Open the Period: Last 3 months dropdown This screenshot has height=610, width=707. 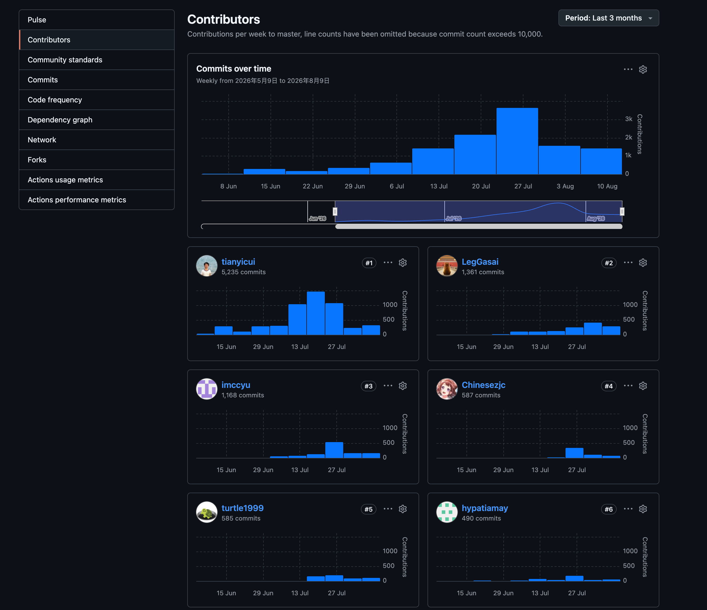(608, 18)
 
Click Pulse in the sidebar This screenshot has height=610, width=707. (37, 20)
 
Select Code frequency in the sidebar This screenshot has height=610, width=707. (55, 100)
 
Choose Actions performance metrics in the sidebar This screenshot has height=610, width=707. (77, 200)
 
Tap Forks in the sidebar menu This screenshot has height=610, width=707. (37, 160)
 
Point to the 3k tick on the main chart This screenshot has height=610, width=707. (629, 119)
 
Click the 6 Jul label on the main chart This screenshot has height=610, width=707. (397, 186)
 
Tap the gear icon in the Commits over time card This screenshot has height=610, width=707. (643, 69)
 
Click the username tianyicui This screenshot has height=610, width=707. (238, 262)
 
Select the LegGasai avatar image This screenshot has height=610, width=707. (447, 266)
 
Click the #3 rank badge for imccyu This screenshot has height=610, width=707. (369, 386)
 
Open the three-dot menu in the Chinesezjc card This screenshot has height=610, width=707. (628, 386)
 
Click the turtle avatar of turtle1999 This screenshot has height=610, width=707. (207, 512)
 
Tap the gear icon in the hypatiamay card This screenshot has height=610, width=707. (643, 509)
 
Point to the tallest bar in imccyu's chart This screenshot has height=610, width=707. (334, 450)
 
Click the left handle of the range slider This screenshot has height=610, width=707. (335, 212)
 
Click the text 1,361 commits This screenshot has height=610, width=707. (483, 272)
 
